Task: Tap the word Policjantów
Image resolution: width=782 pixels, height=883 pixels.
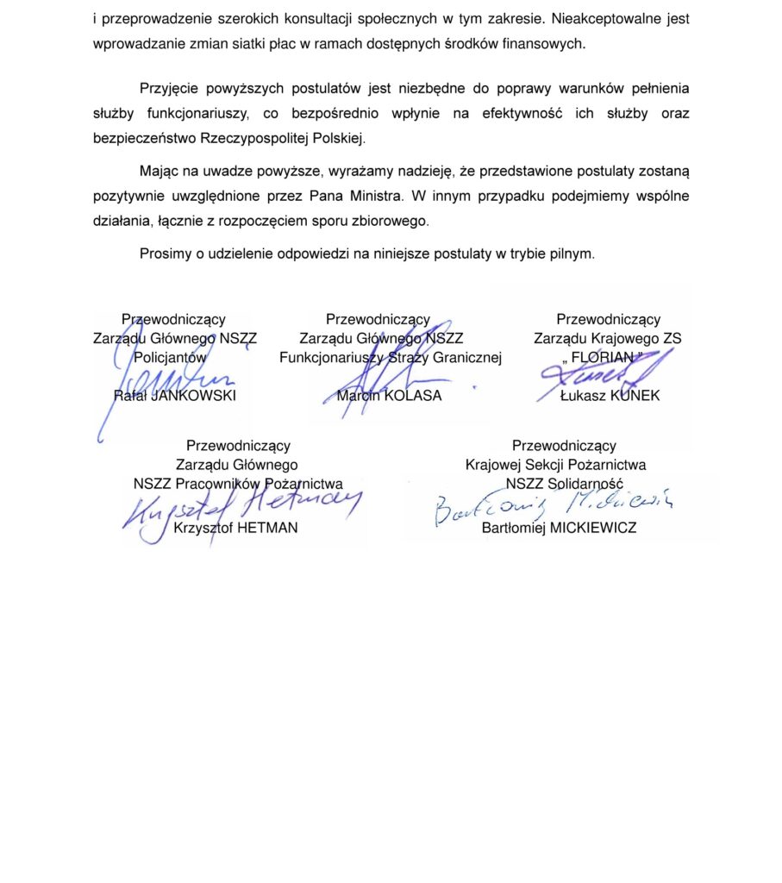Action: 171,357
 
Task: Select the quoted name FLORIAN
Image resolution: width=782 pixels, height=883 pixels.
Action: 609,357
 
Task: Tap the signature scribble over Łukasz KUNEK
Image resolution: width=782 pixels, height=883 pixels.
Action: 595,375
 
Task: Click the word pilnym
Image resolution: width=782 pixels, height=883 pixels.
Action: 573,254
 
